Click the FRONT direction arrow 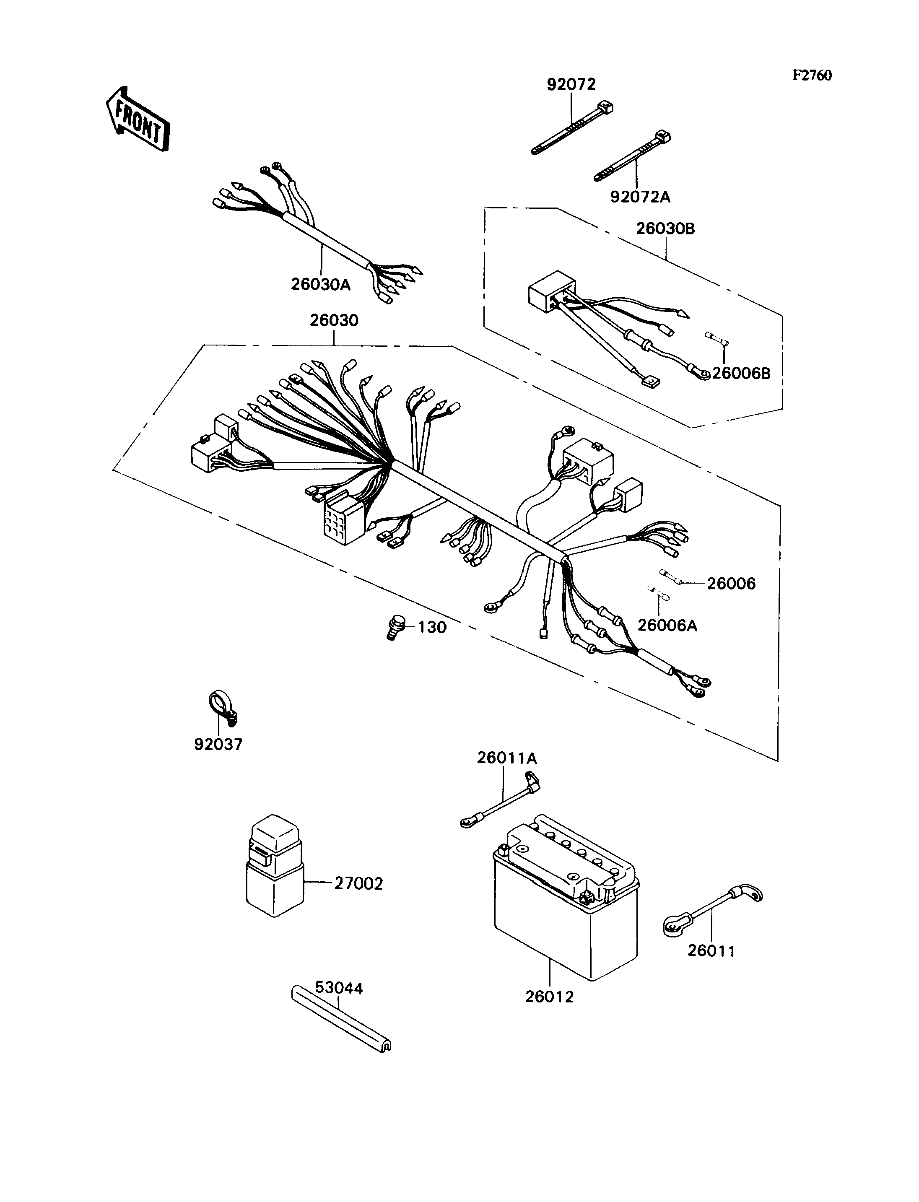[x=137, y=119]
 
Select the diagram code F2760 [x=813, y=75]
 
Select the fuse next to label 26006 [x=672, y=577]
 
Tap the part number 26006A [x=667, y=625]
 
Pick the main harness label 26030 [x=334, y=320]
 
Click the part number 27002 [x=359, y=883]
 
